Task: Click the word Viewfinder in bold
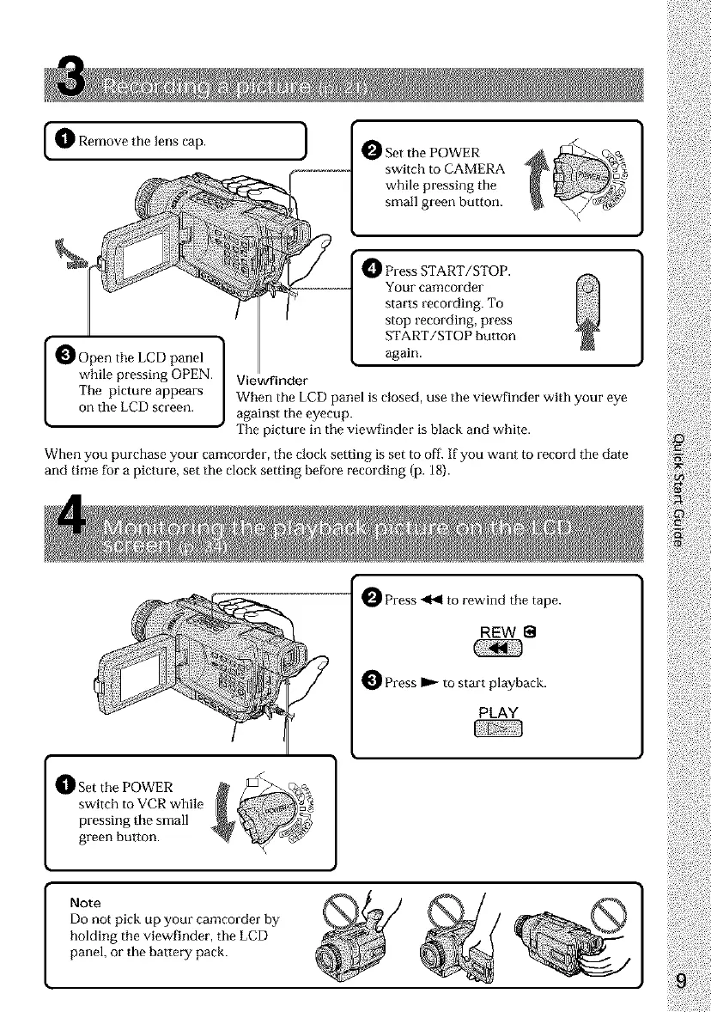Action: pyautogui.click(x=267, y=381)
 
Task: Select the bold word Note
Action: pyautogui.click(x=86, y=903)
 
